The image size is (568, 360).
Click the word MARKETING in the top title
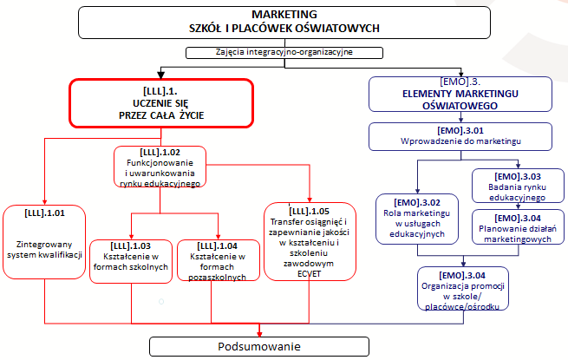[284, 15]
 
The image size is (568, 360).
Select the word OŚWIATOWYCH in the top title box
[331, 28]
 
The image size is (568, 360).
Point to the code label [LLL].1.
[160, 89]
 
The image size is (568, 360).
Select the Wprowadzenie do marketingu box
[455, 135]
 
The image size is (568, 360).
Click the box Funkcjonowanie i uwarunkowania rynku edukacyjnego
[160, 167]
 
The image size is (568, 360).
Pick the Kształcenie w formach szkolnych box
[130, 259]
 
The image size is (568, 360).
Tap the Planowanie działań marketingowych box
[511, 228]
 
